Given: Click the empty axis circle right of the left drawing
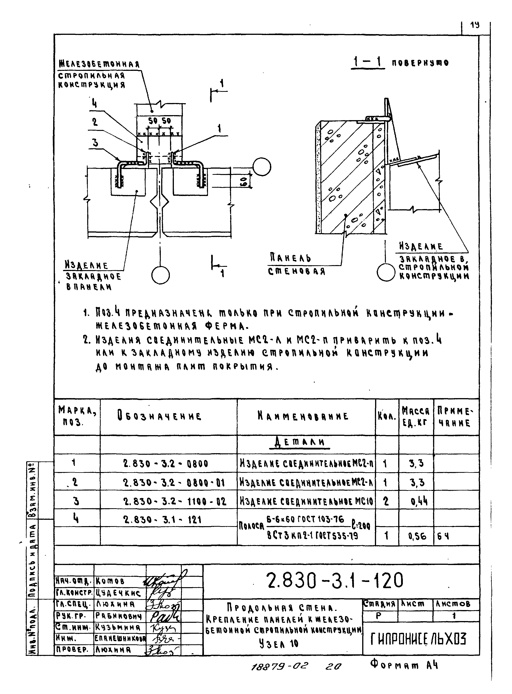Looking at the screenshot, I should click(261, 167).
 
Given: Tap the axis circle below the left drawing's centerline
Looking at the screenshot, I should click(160, 275).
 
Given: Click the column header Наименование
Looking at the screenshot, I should click(303, 416).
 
